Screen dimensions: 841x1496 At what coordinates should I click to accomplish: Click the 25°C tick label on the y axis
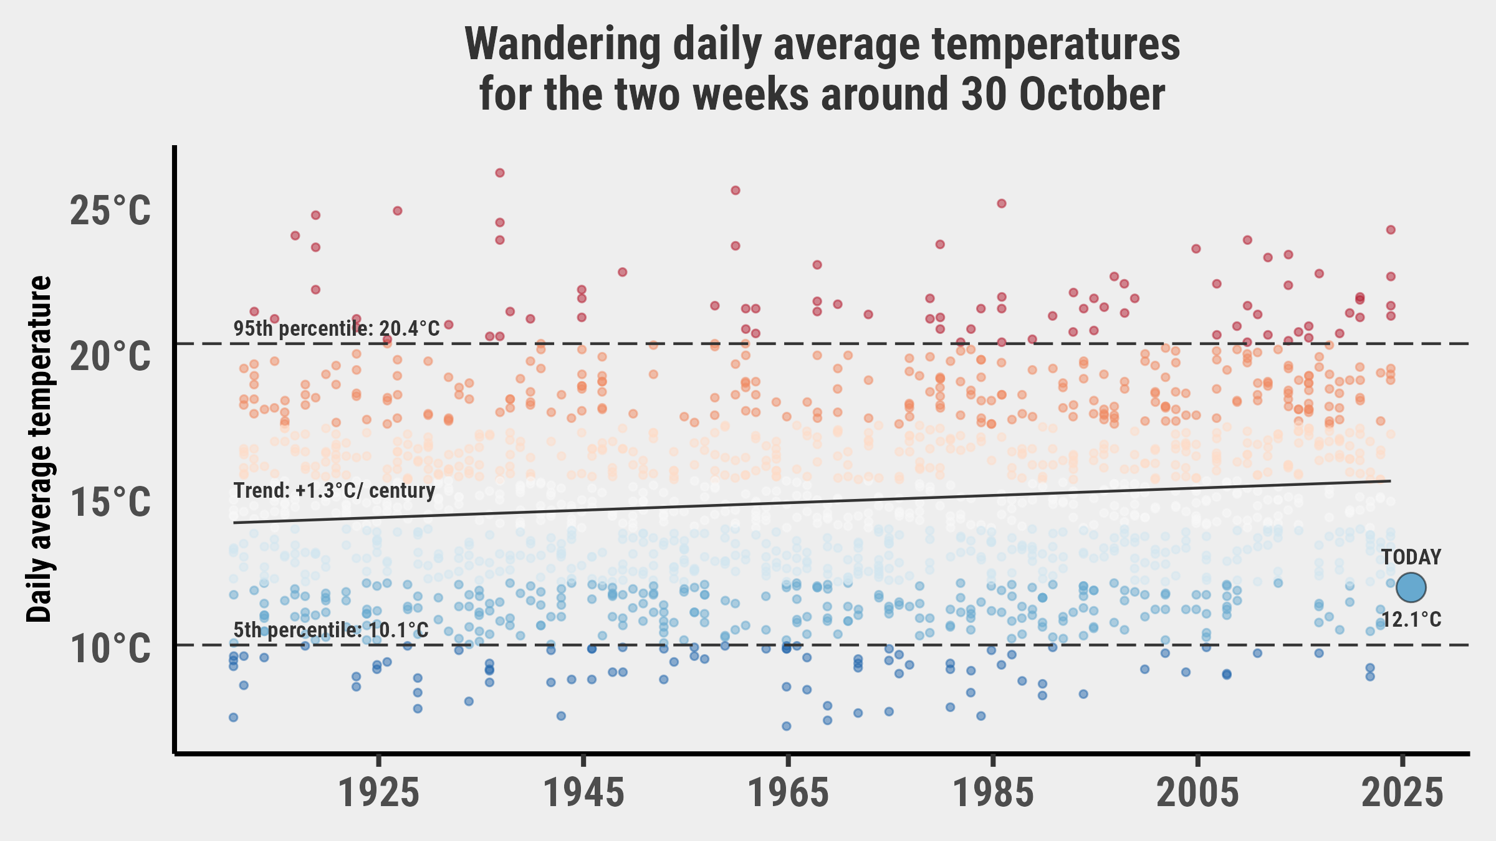tap(110, 211)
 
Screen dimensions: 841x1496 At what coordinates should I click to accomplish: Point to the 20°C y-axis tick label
tap(110, 357)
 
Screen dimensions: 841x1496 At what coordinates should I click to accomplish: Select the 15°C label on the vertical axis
tap(110, 503)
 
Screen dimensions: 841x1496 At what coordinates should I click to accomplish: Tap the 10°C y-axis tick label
tap(110, 649)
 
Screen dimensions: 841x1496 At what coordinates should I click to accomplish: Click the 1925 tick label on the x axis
tap(378, 794)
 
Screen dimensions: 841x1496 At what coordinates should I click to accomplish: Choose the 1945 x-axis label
tap(583, 794)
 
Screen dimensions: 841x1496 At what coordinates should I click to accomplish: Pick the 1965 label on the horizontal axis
tap(789, 794)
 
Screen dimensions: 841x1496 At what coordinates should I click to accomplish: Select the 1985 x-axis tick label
tap(994, 794)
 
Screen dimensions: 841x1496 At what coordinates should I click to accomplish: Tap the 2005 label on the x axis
tap(1197, 794)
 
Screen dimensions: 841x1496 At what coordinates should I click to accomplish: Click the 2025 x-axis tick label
tap(1402, 794)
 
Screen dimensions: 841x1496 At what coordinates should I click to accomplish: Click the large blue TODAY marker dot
tap(1411, 587)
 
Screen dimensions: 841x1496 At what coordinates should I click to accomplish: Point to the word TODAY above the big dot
tap(1411, 557)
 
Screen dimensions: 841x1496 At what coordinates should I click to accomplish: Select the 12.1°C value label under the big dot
tap(1411, 620)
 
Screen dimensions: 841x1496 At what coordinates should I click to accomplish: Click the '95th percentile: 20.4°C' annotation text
tap(337, 328)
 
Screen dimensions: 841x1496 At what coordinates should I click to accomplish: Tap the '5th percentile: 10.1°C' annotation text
tap(331, 630)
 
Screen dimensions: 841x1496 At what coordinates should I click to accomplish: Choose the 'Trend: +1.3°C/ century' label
tap(334, 490)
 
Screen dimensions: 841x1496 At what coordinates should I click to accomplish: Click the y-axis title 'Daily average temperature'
tap(40, 449)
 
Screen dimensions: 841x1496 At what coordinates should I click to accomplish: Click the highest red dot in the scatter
tap(499, 173)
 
